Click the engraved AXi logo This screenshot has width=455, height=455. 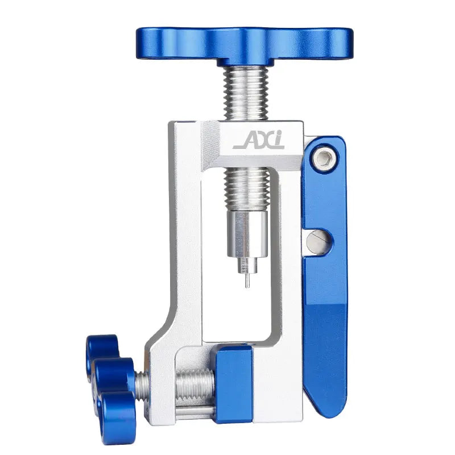(x=259, y=140)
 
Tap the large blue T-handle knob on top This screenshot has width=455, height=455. (x=245, y=46)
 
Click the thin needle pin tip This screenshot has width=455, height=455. (x=247, y=287)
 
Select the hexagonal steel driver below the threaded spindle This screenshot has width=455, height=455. (x=247, y=234)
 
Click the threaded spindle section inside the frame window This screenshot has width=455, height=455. (x=247, y=189)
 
